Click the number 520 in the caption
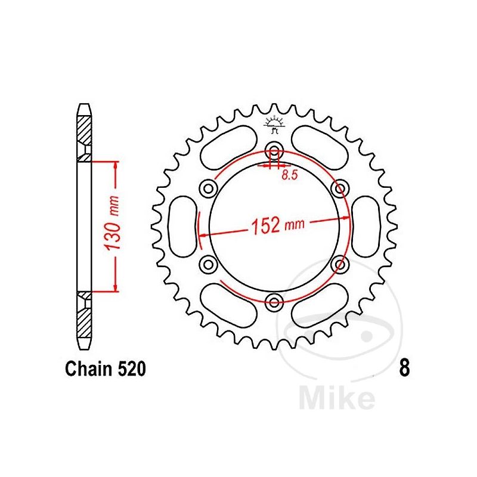[x=129, y=370]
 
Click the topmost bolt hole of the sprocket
[x=274, y=150]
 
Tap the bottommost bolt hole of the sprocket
[x=274, y=301]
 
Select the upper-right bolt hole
[x=340, y=188]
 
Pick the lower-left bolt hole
[x=209, y=264]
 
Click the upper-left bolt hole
[x=209, y=188]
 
